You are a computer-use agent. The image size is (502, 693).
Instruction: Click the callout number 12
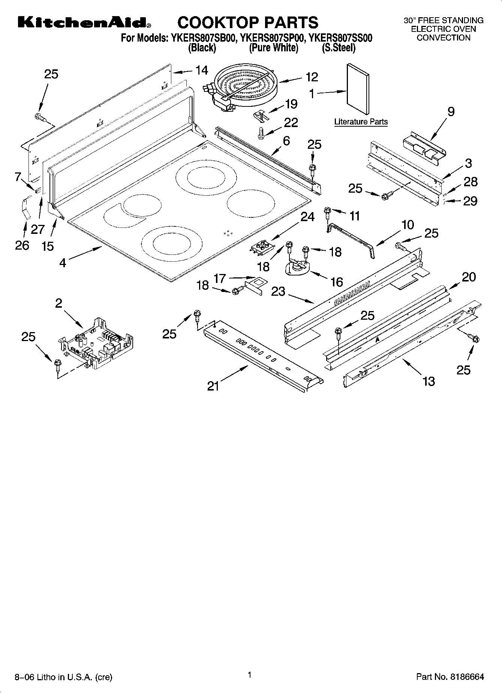312,77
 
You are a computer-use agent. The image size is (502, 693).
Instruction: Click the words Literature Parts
361,122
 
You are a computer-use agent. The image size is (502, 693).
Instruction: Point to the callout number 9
451,111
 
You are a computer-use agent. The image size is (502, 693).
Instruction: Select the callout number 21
213,386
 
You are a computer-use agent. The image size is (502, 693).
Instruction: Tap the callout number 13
429,381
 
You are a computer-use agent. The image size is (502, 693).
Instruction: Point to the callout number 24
307,217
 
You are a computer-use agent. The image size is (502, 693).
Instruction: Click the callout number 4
63,263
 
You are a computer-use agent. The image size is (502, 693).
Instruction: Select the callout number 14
201,70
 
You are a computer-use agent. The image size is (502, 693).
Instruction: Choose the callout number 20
469,277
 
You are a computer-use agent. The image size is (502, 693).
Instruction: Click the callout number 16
337,282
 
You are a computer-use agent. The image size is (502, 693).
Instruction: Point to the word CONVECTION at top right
444,38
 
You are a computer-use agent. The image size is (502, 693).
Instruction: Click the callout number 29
470,201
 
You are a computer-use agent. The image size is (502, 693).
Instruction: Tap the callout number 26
22,245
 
